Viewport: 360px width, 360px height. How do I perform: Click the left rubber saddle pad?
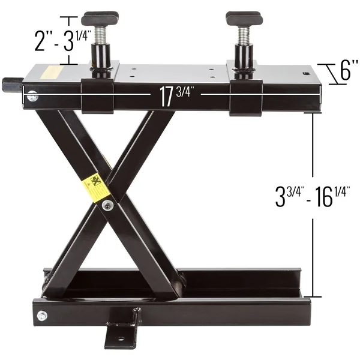click(100, 18)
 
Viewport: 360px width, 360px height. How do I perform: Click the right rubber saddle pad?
click(244, 18)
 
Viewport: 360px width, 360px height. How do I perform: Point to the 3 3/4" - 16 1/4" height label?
click(313, 197)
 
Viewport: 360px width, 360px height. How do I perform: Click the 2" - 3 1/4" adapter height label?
click(62, 40)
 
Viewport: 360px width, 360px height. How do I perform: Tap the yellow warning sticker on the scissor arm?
click(96, 188)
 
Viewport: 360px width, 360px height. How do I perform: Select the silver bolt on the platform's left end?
click(32, 97)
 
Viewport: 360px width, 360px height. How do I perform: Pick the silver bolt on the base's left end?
click(43, 316)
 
